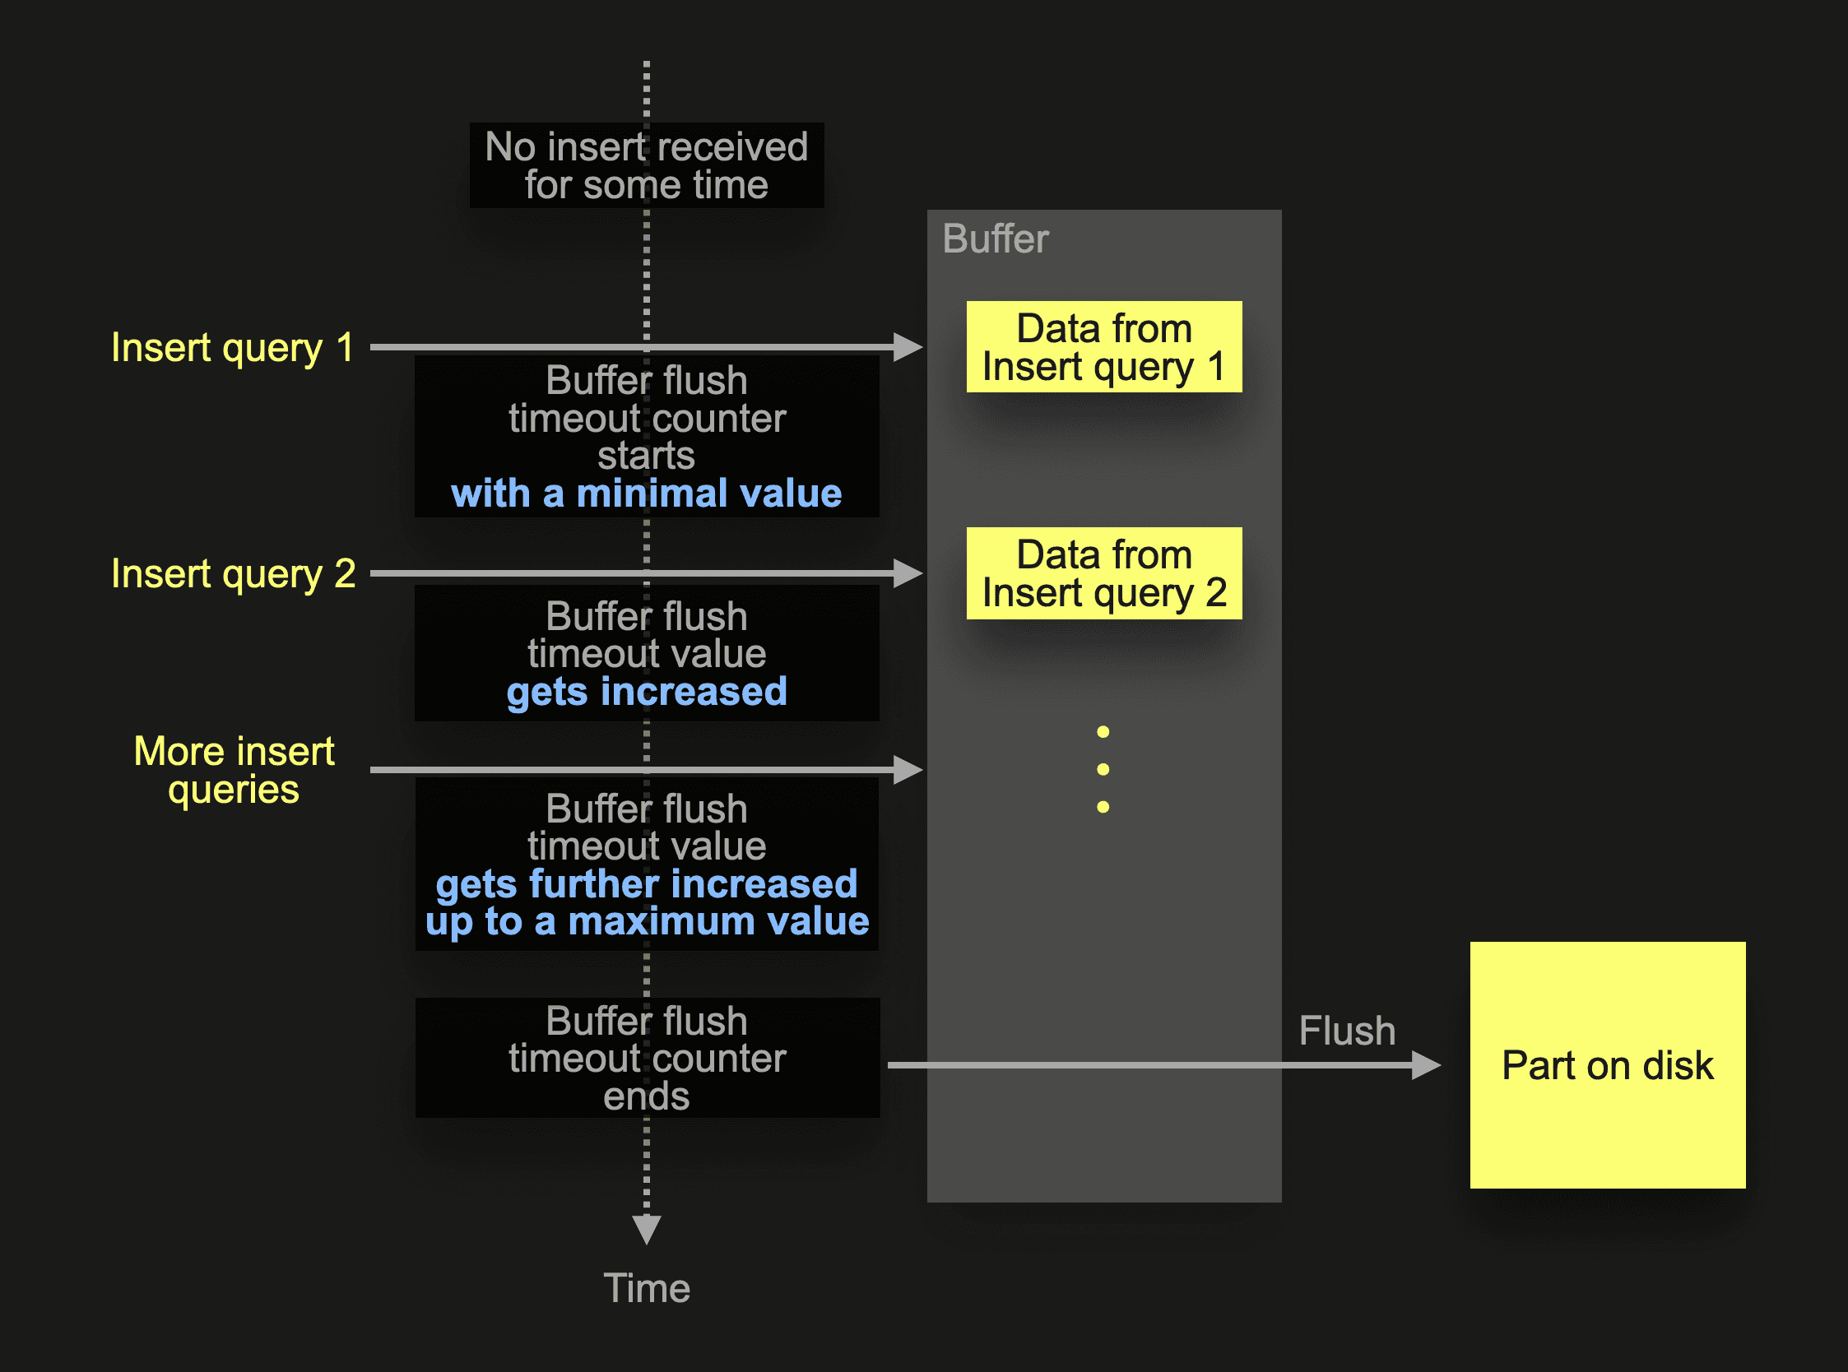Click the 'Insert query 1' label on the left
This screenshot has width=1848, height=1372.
pyautogui.click(x=233, y=347)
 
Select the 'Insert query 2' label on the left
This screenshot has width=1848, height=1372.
pyautogui.click(x=234, y=574)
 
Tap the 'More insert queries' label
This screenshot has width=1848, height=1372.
pyautogui.click(x=234, y=770)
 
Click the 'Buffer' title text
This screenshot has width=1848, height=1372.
pyautogui.click(x=995, y=239)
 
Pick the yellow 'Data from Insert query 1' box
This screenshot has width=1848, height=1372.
pyautogui.click(x=1104, y=347)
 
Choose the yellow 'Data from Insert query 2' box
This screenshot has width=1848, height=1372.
pyautogui.click(x=1104, y=573)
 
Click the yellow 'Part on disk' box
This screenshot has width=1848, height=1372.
pyautogui.click(x=1607, y=1064)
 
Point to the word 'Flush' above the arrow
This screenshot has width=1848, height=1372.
pyautogui.click(x=1346, y=1031)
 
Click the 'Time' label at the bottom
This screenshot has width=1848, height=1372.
pyautogui.click(x=646, y=1288)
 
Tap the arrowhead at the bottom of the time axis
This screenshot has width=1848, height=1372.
pyautogui.click(x=646, y=1228)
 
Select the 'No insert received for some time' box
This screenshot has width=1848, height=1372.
pyautogui.click(x=646, y=165)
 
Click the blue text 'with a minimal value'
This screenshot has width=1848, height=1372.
pyautogui.click(x=646, y=494)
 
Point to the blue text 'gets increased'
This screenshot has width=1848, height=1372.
pyautogui.click(x=646, y=692)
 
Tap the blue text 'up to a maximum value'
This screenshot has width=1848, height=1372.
pyautogui.click(x=646, y=922)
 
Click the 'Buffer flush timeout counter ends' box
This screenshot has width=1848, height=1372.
pyautogui.click(x=646, y=1058)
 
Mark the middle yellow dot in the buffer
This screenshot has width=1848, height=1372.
pyautogui.click(x=1103, y=769)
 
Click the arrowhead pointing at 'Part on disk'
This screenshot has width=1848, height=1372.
pyautogui.click(x=1425, y=1064)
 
